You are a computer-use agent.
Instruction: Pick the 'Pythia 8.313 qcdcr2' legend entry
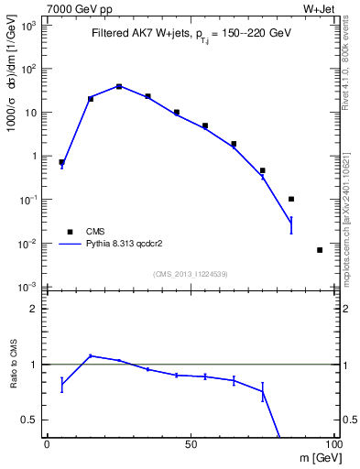click(x=128, y=245)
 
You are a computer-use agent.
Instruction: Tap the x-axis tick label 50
click(x=191, y=443)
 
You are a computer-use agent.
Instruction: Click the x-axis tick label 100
click(x=333, y=443)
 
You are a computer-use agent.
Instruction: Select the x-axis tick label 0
click(x=48, y=443)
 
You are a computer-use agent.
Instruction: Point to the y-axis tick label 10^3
click(x=30, y=26)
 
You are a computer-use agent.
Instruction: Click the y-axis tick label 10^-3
click(x=30, y=287)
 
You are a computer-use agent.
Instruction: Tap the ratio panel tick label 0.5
click(x=31, y=420)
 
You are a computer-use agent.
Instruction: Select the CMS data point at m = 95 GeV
click(x=320, y=249)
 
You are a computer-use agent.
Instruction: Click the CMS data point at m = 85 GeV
click(x=291, y=199)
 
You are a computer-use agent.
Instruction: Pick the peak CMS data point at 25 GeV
click(x=119, y=86)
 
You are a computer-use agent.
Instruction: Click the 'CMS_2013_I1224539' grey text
click(x=190, y=273)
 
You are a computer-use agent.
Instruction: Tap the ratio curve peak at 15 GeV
click(x=91, y=355)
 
